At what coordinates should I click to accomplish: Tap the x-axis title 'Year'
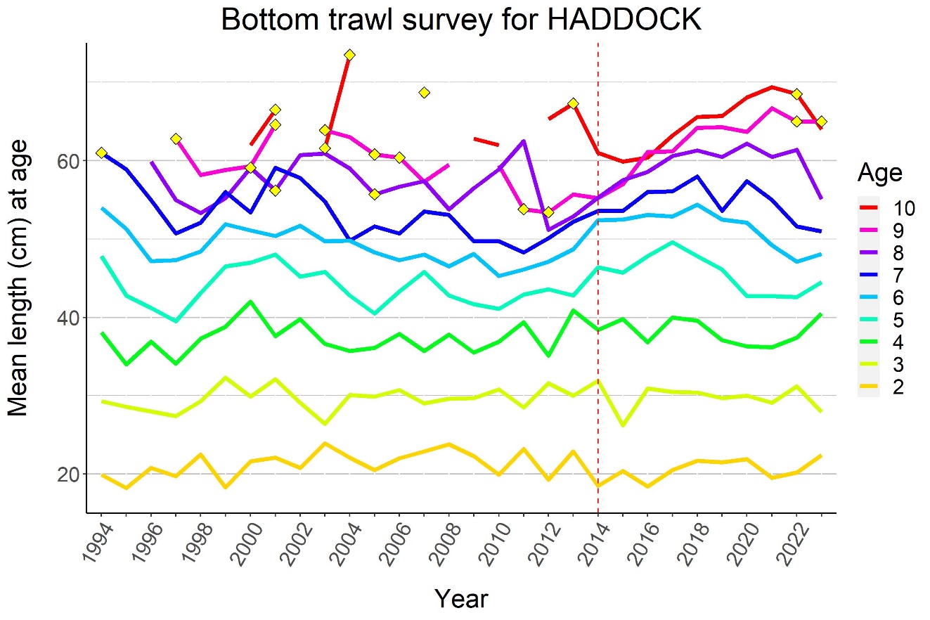pyautogui.click(x=460, y=598)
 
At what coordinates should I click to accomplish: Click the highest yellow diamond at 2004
pyautogui.click(x=349, y=55)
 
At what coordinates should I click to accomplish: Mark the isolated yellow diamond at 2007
pyautogui.click(x=424, y=93)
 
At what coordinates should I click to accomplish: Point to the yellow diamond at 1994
pyautogui.click(x=101, y=153)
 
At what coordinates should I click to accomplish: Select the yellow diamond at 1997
pyautogui.click(x=176, y=138)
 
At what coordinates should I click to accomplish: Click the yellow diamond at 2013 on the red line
pyautogui.click(x=573, y=103)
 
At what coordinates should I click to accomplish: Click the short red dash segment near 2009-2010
pyautogui.click(x=486, y=142)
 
